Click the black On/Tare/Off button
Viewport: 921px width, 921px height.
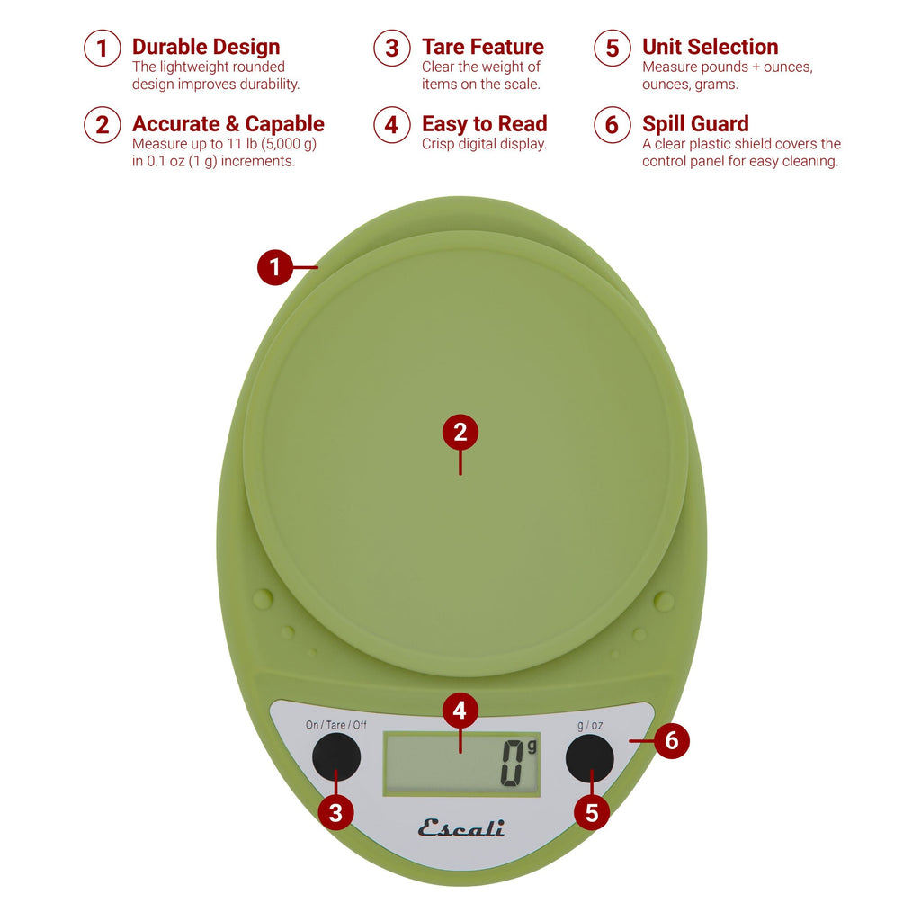click(x=336, y=756)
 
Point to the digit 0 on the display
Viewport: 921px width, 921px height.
click(x=513, y=765)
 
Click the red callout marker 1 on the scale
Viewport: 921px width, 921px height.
click(x=275, y=267)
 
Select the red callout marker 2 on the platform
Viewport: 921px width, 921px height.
click(x=460, y=433)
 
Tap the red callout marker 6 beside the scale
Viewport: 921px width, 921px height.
click(x=672, y=742)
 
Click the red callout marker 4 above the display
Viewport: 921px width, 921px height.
click(x=460, y=711)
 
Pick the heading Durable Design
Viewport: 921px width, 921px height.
click(x=206, y=47)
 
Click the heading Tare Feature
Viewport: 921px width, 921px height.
click(x=483, y=47)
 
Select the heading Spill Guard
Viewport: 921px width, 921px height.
click(x=695, y=124)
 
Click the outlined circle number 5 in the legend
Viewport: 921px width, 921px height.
click(x=613, y=48)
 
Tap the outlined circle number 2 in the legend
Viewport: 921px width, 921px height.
click(x=103, y=125)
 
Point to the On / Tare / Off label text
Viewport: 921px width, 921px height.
click(x=335, y=725)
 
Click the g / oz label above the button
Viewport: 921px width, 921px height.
click(x=590, y=725)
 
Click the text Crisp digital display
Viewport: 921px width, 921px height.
click(x=484, y=144)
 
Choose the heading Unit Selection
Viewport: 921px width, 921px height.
click(x=710, y=47)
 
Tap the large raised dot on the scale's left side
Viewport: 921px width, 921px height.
click(x=262, y=598)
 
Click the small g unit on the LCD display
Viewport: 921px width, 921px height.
click(x=532, y=746)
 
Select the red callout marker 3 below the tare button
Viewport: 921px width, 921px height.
click(x=335, y=813)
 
